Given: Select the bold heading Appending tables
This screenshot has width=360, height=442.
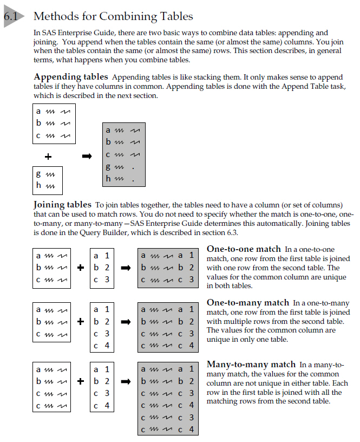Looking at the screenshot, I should point(71,77).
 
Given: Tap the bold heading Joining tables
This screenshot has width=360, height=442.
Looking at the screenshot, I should point(62,205).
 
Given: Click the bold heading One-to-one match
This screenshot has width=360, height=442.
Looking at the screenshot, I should point(244,249).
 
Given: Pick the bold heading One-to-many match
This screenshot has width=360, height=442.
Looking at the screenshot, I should point(248,303).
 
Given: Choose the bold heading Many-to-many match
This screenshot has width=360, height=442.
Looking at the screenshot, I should point(251,365).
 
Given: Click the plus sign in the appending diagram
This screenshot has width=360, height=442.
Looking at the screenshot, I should point(48,157).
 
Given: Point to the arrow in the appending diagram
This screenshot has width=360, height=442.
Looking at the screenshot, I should point(87,157).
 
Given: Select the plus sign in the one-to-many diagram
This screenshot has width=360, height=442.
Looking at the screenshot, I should point(80,321).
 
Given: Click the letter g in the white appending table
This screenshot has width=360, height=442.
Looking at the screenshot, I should point(38,174).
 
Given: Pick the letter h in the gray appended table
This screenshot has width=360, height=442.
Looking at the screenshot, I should point(108,177).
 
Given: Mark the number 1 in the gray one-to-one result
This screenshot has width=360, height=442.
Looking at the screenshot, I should point(191,255).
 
